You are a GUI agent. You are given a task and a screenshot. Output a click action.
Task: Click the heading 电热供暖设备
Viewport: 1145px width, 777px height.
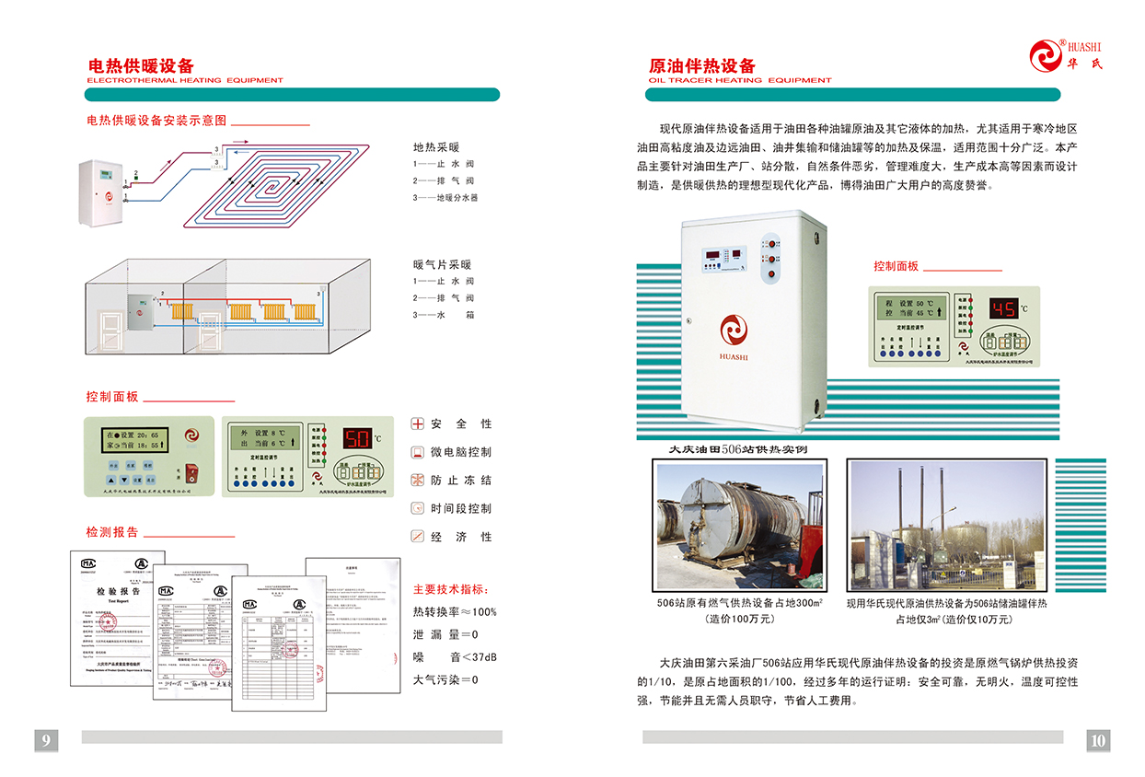tap(141, 65)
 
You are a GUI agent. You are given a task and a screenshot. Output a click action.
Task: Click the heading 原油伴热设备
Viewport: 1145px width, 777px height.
tap(702, 65)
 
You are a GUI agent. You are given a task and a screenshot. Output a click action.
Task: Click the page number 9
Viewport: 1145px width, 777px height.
tap(47, 739)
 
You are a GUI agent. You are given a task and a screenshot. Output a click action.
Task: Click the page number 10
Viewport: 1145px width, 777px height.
tap(1098, 739)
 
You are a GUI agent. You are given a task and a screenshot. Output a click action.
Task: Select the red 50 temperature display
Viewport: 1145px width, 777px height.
tap(357, 437)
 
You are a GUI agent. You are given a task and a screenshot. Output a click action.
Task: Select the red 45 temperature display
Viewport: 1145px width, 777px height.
tap(1003, 308)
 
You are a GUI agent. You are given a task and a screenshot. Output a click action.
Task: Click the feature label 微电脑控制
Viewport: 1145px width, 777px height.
tap(460, 452)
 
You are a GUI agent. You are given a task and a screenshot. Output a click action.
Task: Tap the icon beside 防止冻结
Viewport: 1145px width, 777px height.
tap(417, 481)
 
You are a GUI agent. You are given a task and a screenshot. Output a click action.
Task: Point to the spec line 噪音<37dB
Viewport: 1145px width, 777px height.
tap(455, 657)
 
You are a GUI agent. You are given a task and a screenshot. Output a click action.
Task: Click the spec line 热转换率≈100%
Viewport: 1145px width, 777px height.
tap(455, 611)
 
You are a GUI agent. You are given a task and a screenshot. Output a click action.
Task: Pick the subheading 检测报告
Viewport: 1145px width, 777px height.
tap(112, 532)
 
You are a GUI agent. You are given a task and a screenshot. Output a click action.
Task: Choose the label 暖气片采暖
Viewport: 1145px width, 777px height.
tap(442, 265)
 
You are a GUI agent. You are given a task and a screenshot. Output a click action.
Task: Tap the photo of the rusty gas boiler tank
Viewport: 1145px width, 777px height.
tap(739, 526)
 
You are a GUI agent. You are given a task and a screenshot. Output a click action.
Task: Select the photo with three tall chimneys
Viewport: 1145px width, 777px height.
tap(947, 526)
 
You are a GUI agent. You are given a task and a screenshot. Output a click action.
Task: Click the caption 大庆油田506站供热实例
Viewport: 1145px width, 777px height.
tap(737, 449)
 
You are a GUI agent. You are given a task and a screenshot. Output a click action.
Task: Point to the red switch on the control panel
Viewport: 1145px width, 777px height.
tap(192, 472)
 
